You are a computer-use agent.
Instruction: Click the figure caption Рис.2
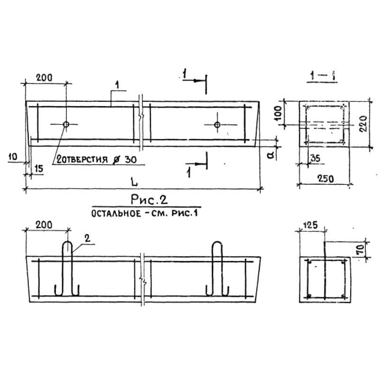[x=149, y=199]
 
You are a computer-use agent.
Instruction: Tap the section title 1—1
[x=323, y=76]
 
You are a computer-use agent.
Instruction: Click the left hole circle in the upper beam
[x=66, y=125]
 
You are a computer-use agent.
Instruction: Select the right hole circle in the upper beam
[x=217, y=125]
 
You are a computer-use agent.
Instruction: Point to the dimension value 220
[x=363, y=124]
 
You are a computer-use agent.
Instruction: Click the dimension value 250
[x=325, y=179]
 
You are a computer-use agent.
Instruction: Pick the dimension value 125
[x=310, y=225]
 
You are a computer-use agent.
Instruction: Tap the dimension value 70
[x=360, y=249]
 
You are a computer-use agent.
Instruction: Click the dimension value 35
[x=315, y=159]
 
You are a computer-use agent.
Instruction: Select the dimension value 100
[x=279, y=113]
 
